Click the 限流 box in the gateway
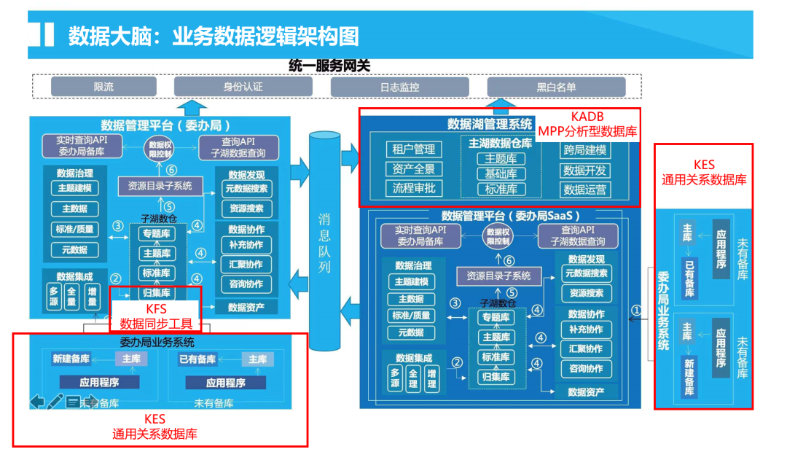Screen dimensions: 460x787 pos(103,87)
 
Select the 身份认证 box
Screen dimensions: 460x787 pos(243,87)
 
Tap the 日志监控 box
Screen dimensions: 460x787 pos(399,87)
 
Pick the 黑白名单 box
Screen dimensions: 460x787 pos(556,87)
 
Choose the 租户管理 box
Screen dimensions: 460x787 pos(414,149)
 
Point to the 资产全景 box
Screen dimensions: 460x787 pos(414,169)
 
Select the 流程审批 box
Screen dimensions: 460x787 pos(414,188)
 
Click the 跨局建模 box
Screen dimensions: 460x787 pos(585,150)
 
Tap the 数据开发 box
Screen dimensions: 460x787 pos(585,170)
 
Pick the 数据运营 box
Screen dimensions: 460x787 pos(585,190)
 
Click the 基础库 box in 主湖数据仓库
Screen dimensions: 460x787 pos(501,174)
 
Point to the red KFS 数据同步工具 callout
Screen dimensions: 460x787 pos(156,316)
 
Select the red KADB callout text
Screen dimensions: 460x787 pos(587,124)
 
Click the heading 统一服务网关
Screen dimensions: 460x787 pos(329,66)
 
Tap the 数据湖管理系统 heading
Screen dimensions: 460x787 pos(490,124)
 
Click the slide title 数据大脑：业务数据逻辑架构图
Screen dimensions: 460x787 pos(214,36)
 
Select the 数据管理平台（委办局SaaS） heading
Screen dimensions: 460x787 pos(511,216)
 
